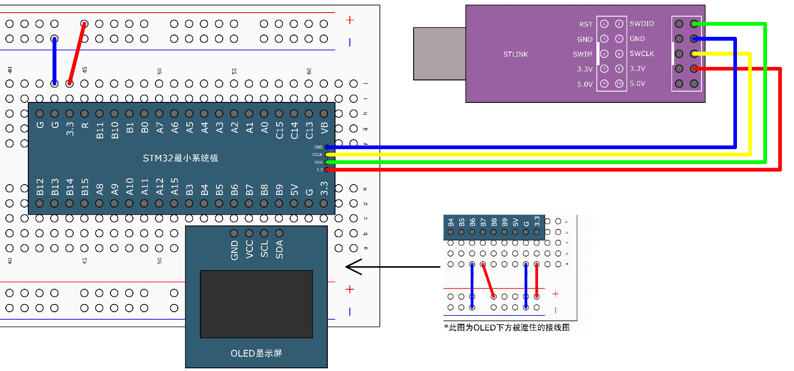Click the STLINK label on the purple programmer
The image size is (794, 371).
515,54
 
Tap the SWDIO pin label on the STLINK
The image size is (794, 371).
641,23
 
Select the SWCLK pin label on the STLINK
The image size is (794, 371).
641,53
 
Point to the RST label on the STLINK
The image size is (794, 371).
586,24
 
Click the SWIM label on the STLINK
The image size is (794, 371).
582,54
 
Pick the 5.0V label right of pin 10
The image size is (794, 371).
637,84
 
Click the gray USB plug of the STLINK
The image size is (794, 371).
439,53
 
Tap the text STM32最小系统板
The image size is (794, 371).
180,158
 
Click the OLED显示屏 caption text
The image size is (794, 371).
256,353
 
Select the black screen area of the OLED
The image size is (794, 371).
256,304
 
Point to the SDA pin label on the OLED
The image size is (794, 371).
279,249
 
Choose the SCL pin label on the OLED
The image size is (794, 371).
265,249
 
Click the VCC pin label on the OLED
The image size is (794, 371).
250,249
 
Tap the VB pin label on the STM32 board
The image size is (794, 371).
324,128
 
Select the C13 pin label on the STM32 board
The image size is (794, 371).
309,130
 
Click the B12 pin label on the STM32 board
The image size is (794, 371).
40,187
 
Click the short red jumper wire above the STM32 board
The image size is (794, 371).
77,53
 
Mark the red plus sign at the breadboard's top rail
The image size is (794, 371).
350,20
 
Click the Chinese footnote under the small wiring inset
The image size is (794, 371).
507,327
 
